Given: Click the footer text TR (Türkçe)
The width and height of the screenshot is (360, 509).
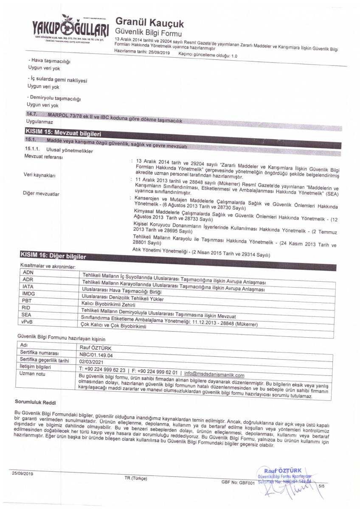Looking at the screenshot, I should point(135,478).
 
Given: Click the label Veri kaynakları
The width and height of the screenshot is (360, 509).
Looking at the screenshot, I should point(39,175).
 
